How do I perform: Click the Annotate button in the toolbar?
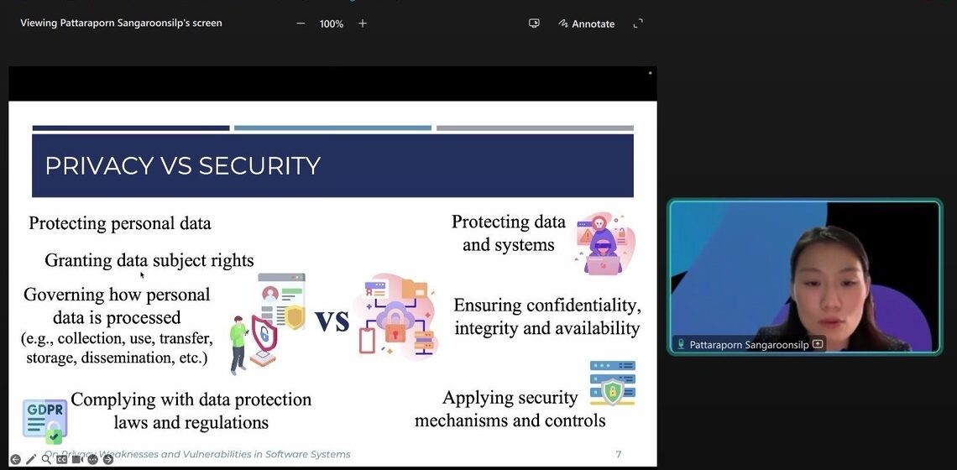point(587,23)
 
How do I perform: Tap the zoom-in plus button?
point(363,23)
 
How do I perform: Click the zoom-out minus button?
point(301,23)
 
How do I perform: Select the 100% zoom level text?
point(332,23)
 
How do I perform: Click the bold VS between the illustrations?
point(332,320)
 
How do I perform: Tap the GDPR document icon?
point(44,420)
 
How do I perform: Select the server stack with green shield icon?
point(612,384)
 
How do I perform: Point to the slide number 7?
point(619,454)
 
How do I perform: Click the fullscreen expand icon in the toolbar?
point(638,23)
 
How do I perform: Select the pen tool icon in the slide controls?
point(31,459)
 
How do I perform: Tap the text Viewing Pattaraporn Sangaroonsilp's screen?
point(121,23)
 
